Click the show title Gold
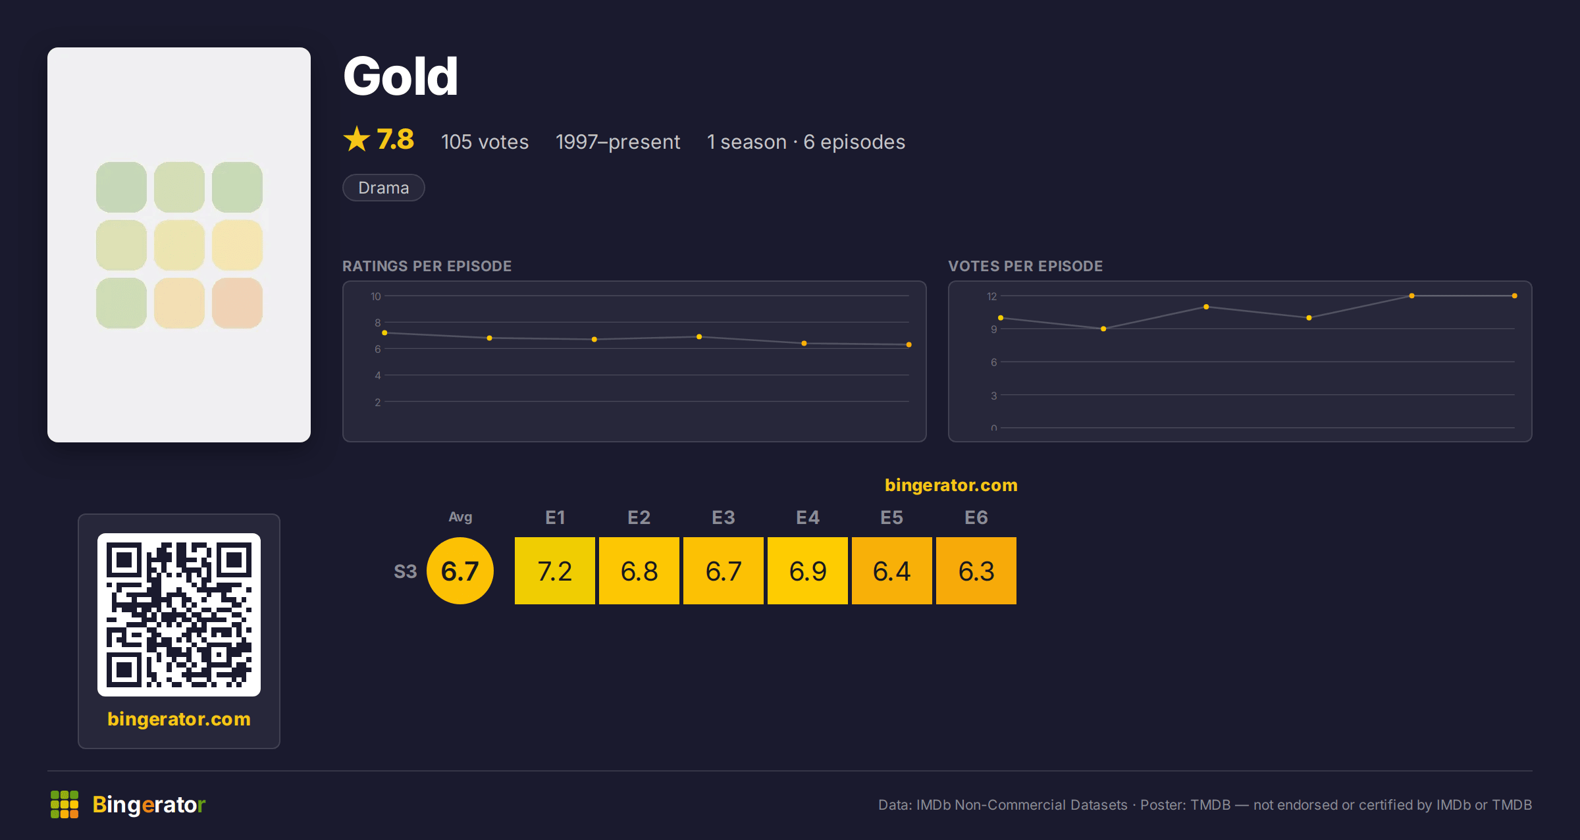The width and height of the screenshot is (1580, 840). coord(400,76)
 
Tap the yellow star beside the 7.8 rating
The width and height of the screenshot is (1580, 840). coord(357,139)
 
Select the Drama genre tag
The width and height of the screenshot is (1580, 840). coord(384,188)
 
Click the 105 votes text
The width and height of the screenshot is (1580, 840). coord(485,142)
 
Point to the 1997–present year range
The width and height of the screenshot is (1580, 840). coord(618,142)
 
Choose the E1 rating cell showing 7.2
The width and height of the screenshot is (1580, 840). coord(555,571)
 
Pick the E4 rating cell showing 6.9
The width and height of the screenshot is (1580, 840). coord(808,571)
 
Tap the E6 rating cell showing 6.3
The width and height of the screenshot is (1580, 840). coord(976,571)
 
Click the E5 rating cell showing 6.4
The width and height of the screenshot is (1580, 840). coord(892,571)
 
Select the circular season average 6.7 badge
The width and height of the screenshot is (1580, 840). coord(460,571)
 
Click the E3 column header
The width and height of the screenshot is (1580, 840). coord(724,517)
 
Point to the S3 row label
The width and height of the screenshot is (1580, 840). coord(406,571)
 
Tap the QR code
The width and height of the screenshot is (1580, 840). coord(179,615)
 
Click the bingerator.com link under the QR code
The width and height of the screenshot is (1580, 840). coord(179,719)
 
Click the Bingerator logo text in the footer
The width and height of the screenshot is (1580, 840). coord(149,804)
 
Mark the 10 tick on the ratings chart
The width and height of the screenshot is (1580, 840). coord(376,296)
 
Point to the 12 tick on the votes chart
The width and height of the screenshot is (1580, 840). coord(992,296)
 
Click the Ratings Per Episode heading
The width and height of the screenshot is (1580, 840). coord(427,266)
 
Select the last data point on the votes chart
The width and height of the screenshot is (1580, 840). coord(1515,296)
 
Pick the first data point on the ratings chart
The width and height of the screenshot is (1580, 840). coord(384,332)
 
